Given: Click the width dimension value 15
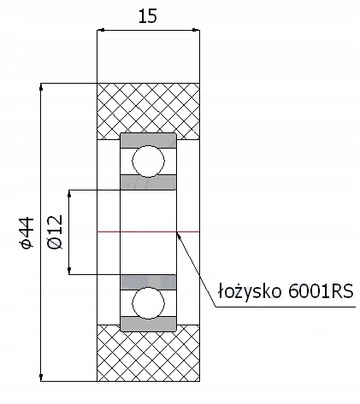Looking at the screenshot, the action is (x=148, y=16).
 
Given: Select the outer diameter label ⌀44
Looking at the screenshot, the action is (x=27, y=233).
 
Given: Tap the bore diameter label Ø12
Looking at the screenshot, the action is (x=56, y=232).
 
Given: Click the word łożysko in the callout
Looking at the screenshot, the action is (x=250, y=292).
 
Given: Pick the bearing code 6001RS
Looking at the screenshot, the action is (x=321, y=291).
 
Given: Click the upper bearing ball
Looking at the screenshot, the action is (x=148, y=161).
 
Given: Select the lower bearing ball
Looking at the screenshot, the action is (x=148, y=303).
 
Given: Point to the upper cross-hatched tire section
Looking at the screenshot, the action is (x=148, y=111).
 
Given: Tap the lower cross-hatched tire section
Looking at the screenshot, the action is (x=148, y=353).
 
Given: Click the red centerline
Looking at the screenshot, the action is (x=148, y=231).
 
